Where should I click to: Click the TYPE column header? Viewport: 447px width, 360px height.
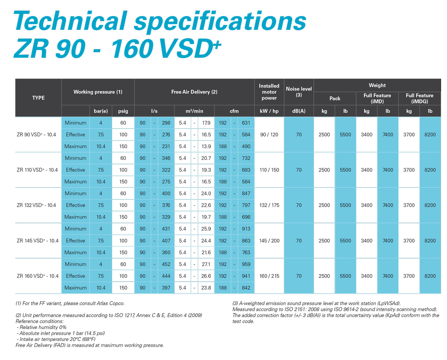click(x=38, y=98)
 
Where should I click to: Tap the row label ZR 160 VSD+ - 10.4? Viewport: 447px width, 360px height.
click(x=38, y=276)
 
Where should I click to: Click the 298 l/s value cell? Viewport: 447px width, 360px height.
click(x=166, y=123)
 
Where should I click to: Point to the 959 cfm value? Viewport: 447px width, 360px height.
click(x=246, y=264)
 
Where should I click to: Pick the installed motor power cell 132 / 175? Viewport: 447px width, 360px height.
click(x=269, y=205)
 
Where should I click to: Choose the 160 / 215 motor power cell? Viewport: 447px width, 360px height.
click(x=269, y=276)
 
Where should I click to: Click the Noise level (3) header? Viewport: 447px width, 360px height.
click(x=299, y=92)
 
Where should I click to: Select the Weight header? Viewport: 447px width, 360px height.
click(x=377, y=85)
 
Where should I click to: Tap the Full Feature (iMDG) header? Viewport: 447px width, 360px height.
click(x=419, y=98)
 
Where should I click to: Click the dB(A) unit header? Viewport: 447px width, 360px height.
click(x=299, y=111)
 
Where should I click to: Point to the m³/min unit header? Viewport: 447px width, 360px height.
click(x=194, y=111)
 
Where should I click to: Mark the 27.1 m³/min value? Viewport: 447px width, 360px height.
click(x=206, y=264)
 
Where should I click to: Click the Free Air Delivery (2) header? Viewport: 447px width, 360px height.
click(x=194, y=92)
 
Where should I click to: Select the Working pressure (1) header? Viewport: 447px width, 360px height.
click(x=98, y=92)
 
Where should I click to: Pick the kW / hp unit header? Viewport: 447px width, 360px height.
click(x=269, y=111)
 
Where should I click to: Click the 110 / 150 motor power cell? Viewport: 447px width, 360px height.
click(x=269, y=170)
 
